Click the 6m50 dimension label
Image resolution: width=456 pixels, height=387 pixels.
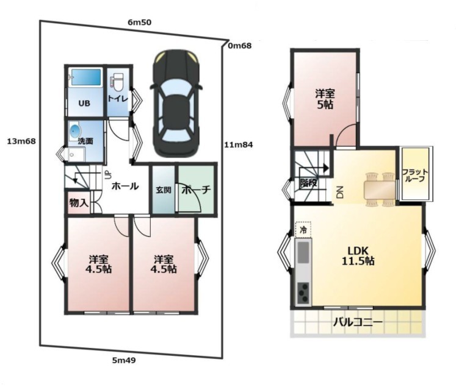click(x=140, y=23)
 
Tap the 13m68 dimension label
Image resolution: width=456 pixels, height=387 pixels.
click(x=21, y=141)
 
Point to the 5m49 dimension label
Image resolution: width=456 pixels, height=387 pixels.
click(x=124, y=361)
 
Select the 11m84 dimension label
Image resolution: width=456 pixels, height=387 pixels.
click(x=239, y=144)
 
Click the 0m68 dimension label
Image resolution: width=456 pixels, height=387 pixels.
click(x=240, y=46)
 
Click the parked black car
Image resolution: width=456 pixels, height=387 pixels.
click(x=176, y=103)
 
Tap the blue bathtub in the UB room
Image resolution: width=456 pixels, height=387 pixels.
click(x=86, y=77)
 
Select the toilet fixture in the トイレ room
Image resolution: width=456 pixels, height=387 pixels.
click(x=117, y=82)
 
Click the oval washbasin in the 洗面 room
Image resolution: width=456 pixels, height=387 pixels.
click(x=75, y=132)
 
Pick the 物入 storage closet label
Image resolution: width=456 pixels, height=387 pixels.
click(x=79, y=203)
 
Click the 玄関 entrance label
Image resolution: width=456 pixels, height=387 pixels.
click(x=164, y=190)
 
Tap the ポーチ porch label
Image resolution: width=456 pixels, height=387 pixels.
click(x=196, y=190)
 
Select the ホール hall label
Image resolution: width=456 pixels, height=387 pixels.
click(x=125, y=186)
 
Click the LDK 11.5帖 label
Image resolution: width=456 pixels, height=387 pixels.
click(x=358, y=256)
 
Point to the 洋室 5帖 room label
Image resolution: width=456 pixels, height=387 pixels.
click(x=325, y=99)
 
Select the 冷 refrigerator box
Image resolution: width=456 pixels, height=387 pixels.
click(x=303, y=230)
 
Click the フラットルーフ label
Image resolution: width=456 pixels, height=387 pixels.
click(x=415, y=176)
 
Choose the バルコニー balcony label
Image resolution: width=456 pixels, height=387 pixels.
click(x=358, y=322)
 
